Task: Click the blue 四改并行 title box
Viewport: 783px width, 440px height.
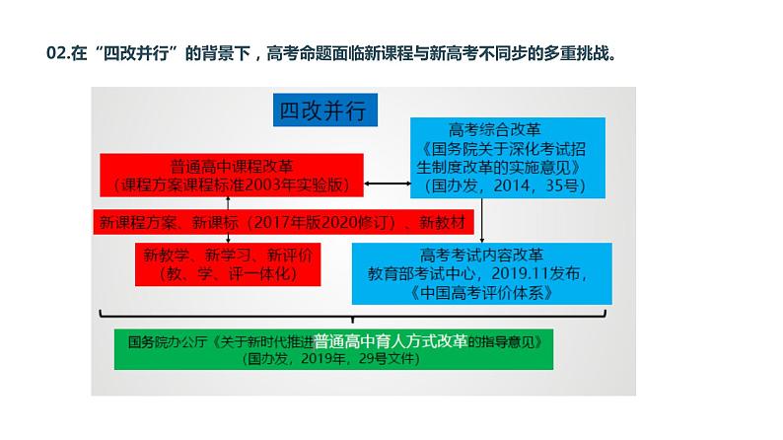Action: [322, 110]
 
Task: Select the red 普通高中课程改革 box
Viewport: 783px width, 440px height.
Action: [231, 175]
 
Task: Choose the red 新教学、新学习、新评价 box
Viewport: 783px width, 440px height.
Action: [228, 263]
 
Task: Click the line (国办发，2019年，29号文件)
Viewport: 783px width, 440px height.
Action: [333, 360]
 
